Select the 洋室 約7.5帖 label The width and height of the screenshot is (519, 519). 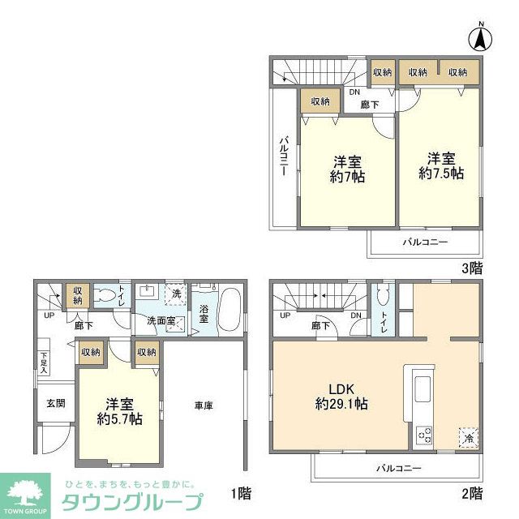(441, 165)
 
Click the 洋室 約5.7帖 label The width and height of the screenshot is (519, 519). (119, 411)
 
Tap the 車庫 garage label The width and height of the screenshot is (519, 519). (203, 405)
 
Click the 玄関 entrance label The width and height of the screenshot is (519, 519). (55, 403)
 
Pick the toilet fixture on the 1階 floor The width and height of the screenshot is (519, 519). (105, 297)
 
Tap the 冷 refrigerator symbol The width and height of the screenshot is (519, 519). (468, 436)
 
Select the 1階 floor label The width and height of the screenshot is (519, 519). (240, 492)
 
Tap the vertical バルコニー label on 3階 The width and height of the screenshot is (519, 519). (285, 157)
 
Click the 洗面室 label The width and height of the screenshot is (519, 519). (162, 320)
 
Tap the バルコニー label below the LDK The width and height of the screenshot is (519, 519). (398, 468)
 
